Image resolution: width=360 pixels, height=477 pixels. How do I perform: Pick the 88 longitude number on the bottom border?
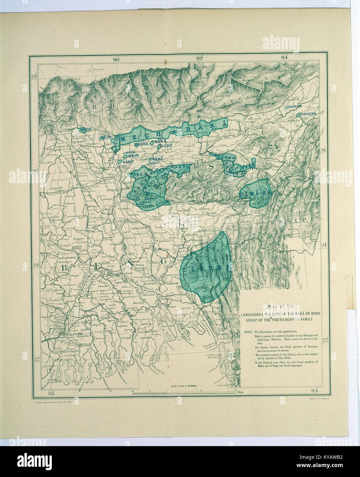52,393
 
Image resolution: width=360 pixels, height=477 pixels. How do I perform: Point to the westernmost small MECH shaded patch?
82,129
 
